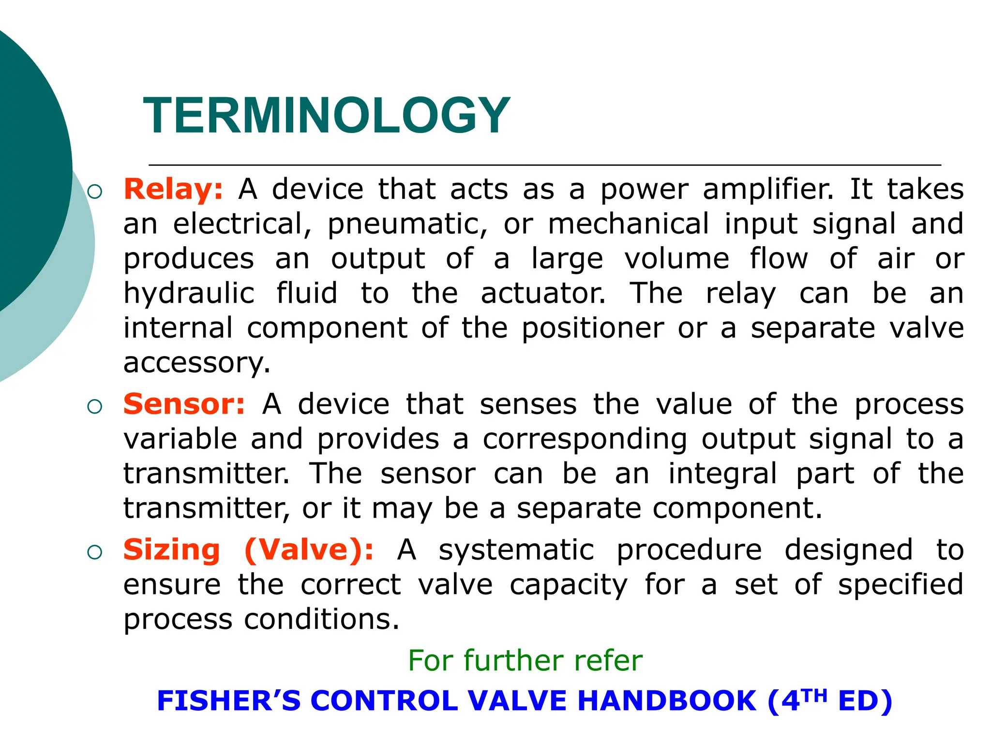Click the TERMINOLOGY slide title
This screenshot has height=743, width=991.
coord(327,116)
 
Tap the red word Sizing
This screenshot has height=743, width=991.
coord(171,550)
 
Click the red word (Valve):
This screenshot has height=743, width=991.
coord(309,550)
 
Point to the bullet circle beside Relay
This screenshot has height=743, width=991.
coord(95,192)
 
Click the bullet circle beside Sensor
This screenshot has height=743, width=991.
coord(95,407)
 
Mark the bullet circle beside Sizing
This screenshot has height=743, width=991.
coord(95,552)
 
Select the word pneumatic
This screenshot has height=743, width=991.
coord(407,224)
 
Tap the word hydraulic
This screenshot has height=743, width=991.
coord(189,294)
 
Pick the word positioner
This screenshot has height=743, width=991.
coord(593,328)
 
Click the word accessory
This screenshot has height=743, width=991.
coord(196,363)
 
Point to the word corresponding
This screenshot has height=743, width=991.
coord(585,439)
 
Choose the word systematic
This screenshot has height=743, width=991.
coord(516,550)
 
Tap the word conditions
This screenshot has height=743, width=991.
coord(322,619)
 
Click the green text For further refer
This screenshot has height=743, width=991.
coord(525,660)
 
